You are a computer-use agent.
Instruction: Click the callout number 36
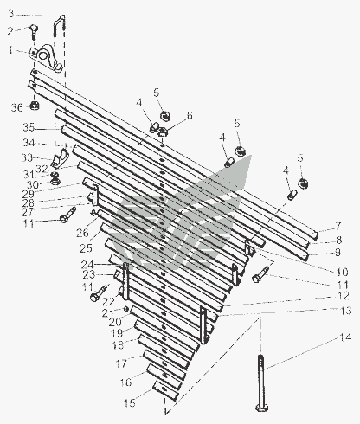pyautogui.click(x=16, y=108)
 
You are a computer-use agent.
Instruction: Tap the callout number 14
pyautogui.click(x=345, y=337)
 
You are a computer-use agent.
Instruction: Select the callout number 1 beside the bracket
pyautogui.click(x=10, y=50)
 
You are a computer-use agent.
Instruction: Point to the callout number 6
pyautogui.click(x=190, y=116)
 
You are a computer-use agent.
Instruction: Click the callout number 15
pyautogui.click(x=130, y=403)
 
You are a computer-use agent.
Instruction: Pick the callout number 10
pyautogui.click(x=342, y=272)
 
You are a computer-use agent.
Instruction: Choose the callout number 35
pyautogui.click(x=29, y=127)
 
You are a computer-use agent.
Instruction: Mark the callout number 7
pyautogui.click(x=338, y=226)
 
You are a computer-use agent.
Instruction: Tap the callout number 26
pyautogui.click(x=82, y=233)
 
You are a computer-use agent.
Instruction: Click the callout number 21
pyautogui.click(x=107, y=313)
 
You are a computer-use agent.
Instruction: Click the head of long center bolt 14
pyautogui.click(x=262, y=408)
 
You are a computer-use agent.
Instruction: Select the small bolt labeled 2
pyautogui.click(x=34, y=32)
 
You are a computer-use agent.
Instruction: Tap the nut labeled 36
pyautogui.click(x=35, y=106)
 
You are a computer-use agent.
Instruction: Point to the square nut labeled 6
pyautogui.click(x=163, y=132)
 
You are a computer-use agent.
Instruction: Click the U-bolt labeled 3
pyautogui.click(x=59, y=26)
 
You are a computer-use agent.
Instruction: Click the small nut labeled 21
pyautogui.click(x=126, y=309)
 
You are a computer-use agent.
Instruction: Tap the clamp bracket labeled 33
pyautogui.click(x=60, y=158)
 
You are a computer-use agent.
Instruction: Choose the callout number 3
pyautogui.click(x=10, y=14)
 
